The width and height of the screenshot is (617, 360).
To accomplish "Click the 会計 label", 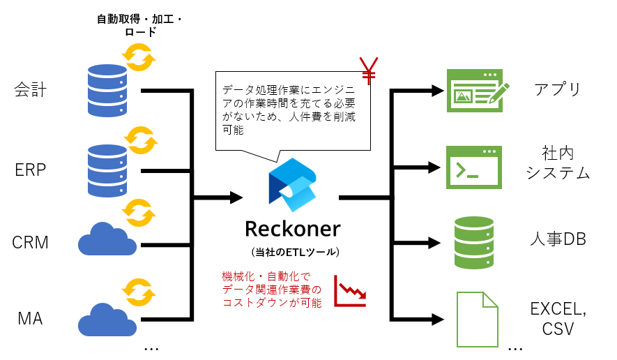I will [30, 90].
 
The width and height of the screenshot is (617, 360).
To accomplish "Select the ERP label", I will [30, 170].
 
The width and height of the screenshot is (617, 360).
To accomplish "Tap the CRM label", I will [30, 243].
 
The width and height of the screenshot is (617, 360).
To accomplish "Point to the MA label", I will [30, 319].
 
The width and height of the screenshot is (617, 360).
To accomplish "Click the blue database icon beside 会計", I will [109, 90].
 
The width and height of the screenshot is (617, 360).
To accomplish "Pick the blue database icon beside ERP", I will [109, 170].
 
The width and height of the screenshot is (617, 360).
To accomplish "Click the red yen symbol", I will [367, 68].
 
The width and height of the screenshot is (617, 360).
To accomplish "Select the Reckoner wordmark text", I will [293, 229].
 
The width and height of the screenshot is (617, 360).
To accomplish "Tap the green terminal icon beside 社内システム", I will [474, 167].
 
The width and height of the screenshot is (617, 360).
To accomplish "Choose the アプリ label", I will [558, 89].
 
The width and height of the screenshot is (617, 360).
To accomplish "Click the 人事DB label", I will [557, 239].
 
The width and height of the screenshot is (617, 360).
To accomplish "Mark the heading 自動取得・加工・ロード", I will [139, 24].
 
